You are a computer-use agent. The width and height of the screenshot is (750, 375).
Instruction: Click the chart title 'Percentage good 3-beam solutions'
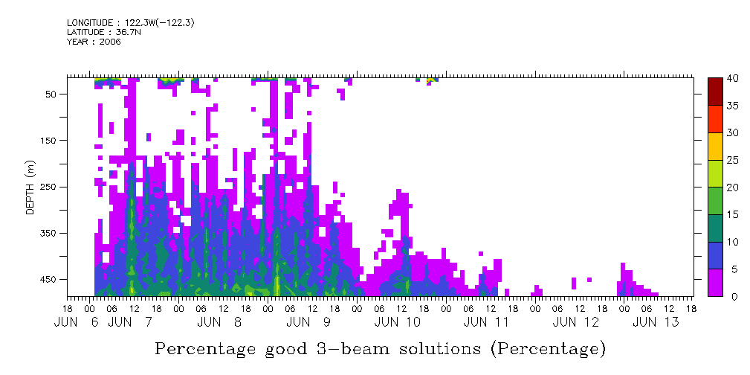tap(380, 347)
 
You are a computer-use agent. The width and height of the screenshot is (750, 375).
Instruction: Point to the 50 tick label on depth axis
tap(51, 94)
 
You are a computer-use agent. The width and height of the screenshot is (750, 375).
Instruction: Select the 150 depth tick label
tap(49, 140)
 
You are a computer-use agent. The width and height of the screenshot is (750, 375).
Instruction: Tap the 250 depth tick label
tap(49, 187)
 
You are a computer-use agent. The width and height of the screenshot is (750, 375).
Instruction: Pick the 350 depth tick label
tap(49, 233)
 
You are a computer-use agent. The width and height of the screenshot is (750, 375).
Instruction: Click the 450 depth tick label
tap(49, 280)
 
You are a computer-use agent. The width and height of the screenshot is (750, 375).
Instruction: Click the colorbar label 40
tap(733, 79)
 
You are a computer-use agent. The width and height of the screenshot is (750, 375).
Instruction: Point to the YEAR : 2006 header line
tap(94, 42)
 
